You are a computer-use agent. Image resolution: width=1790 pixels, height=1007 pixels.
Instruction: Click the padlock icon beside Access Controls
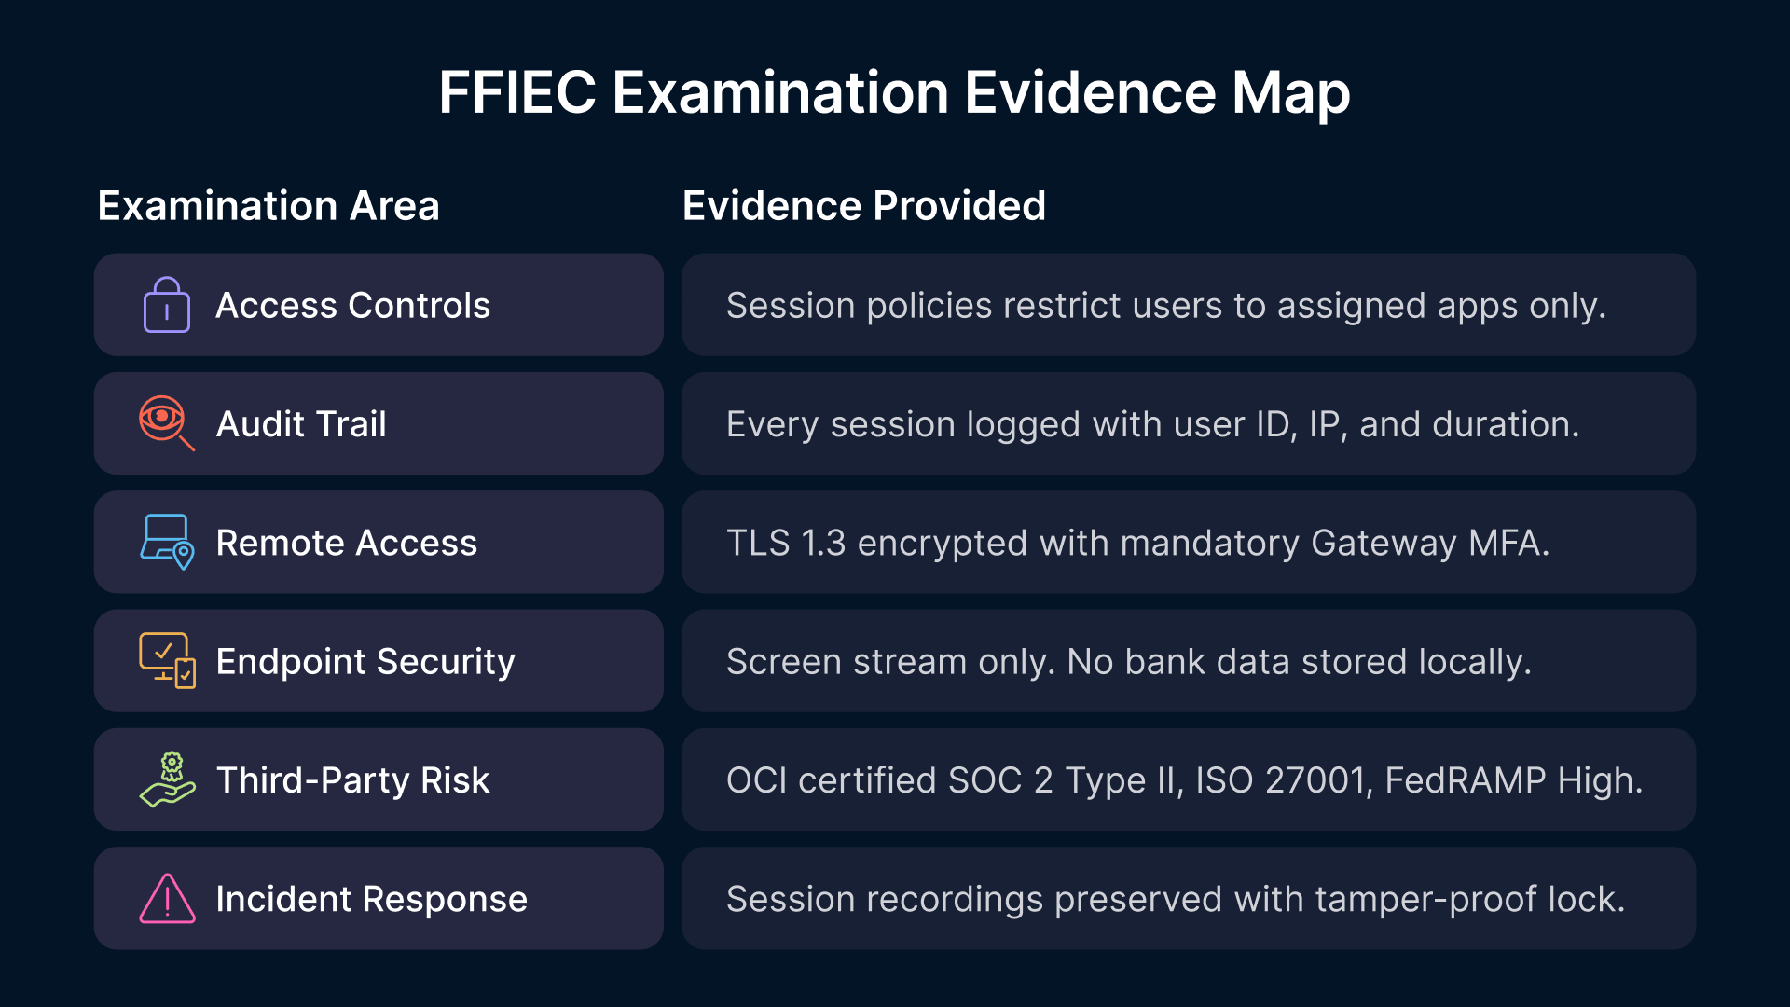[x=167, y=305]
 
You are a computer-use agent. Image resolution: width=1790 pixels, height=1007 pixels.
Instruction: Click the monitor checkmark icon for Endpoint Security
[x=167, y=660]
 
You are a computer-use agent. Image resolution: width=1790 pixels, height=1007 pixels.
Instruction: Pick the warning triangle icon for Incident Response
[x=167, y=898]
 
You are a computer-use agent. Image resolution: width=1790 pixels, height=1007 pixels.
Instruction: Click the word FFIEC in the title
[x=517, y=92]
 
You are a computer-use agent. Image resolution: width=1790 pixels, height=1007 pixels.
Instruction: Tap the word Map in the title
[x=1290, y=92]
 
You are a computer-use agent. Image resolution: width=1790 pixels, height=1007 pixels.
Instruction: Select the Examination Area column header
[x=268, y=205]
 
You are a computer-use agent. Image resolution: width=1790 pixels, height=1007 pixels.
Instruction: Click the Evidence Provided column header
[x=864, y=205]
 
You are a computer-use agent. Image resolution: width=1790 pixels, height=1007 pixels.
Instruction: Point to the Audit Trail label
[x=301, y=424]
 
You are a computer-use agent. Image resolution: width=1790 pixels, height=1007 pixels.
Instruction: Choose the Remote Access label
[x=347, y=543]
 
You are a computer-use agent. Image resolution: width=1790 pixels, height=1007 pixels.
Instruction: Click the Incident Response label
[x=372, y=899]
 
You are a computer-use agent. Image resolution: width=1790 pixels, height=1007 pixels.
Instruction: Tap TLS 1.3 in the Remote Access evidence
[x=786, y=543]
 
